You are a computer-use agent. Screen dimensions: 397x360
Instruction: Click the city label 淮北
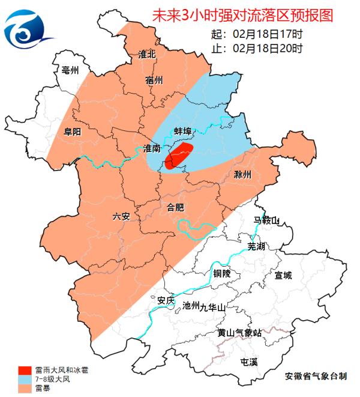(147, 55)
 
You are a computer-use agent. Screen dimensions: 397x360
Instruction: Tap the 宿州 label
(154, 80)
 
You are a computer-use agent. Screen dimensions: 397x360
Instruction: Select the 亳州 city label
(70, 71)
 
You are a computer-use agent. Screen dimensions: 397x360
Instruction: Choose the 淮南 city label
(152, 148)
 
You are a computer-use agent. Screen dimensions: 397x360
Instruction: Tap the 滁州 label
(242, 175)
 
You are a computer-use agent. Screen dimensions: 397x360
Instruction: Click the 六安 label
(121, 216)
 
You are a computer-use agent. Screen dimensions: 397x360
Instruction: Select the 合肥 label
(175, 208)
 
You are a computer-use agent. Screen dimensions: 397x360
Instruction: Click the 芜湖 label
(256, 247)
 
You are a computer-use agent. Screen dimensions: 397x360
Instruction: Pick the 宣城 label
(283, 276)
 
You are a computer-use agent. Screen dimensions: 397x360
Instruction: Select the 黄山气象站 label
(239, 333)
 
